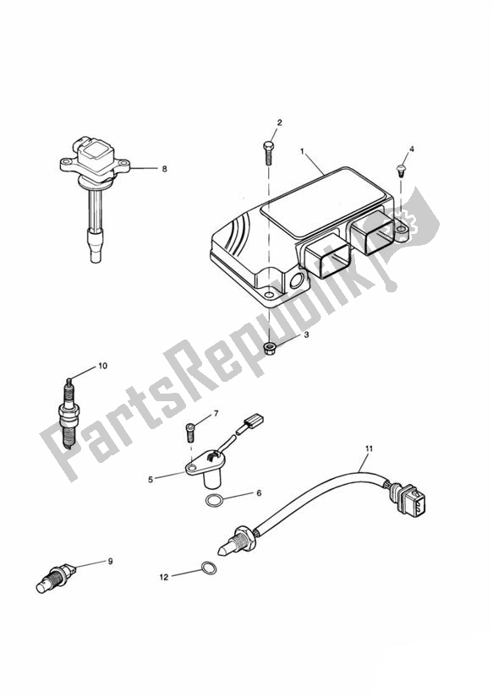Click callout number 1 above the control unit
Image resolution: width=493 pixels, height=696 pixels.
click(302, 152)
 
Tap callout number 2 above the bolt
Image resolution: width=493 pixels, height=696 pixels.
click(280, 122)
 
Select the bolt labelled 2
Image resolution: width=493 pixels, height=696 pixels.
click(269, 153)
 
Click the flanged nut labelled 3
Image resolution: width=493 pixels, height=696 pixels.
click(270, 345)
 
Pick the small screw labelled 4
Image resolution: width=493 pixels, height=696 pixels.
click(400, 171)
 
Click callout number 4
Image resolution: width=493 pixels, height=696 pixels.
click(411, 150)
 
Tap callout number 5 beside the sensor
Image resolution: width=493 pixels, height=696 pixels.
click(151, 480)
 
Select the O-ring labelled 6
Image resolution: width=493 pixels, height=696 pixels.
click(214, 501)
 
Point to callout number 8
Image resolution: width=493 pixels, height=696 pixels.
click(164, 169)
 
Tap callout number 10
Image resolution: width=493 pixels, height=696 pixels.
click(102, 366)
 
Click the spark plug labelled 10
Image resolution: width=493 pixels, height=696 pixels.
click(68, 414)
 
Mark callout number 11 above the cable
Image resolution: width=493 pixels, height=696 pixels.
click(369, 449)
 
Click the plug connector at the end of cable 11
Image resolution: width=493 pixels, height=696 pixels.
click(409, 500)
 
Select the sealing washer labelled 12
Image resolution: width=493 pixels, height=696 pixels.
click(209, 568)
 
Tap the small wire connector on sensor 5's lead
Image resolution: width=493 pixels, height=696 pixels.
click(254, 420)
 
